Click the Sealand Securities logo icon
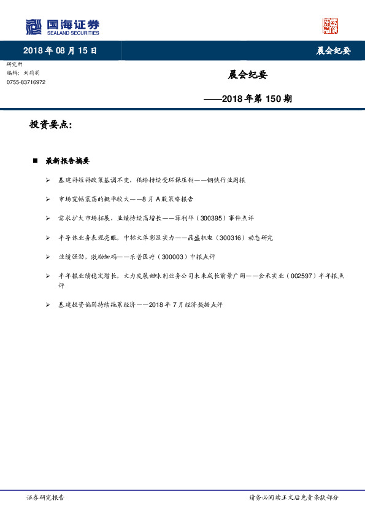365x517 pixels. pos(33,26)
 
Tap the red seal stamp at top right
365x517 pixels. pos(330,26)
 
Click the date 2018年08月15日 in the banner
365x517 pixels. pos(60,50)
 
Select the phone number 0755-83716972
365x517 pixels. pos(26,82)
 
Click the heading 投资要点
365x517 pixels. pos(51,125)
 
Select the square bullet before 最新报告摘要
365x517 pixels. pos(35,161)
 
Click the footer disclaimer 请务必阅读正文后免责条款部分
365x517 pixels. pos(293,497)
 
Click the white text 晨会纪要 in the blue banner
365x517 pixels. pos(333,50)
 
